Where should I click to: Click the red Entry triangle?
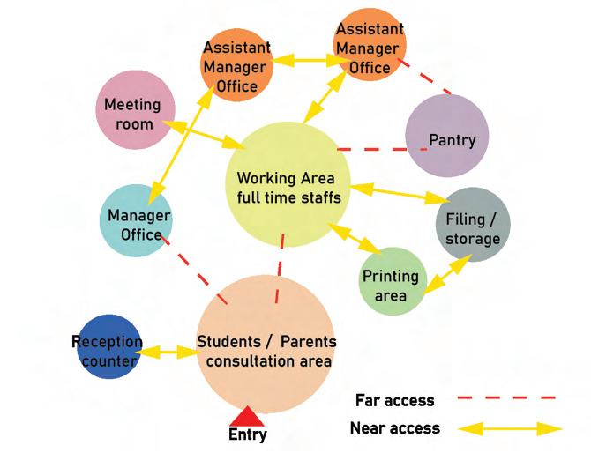point(247,416)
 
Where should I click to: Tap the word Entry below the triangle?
point(247,434)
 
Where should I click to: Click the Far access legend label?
point(394,400)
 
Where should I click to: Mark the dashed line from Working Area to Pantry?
point(370,150)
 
